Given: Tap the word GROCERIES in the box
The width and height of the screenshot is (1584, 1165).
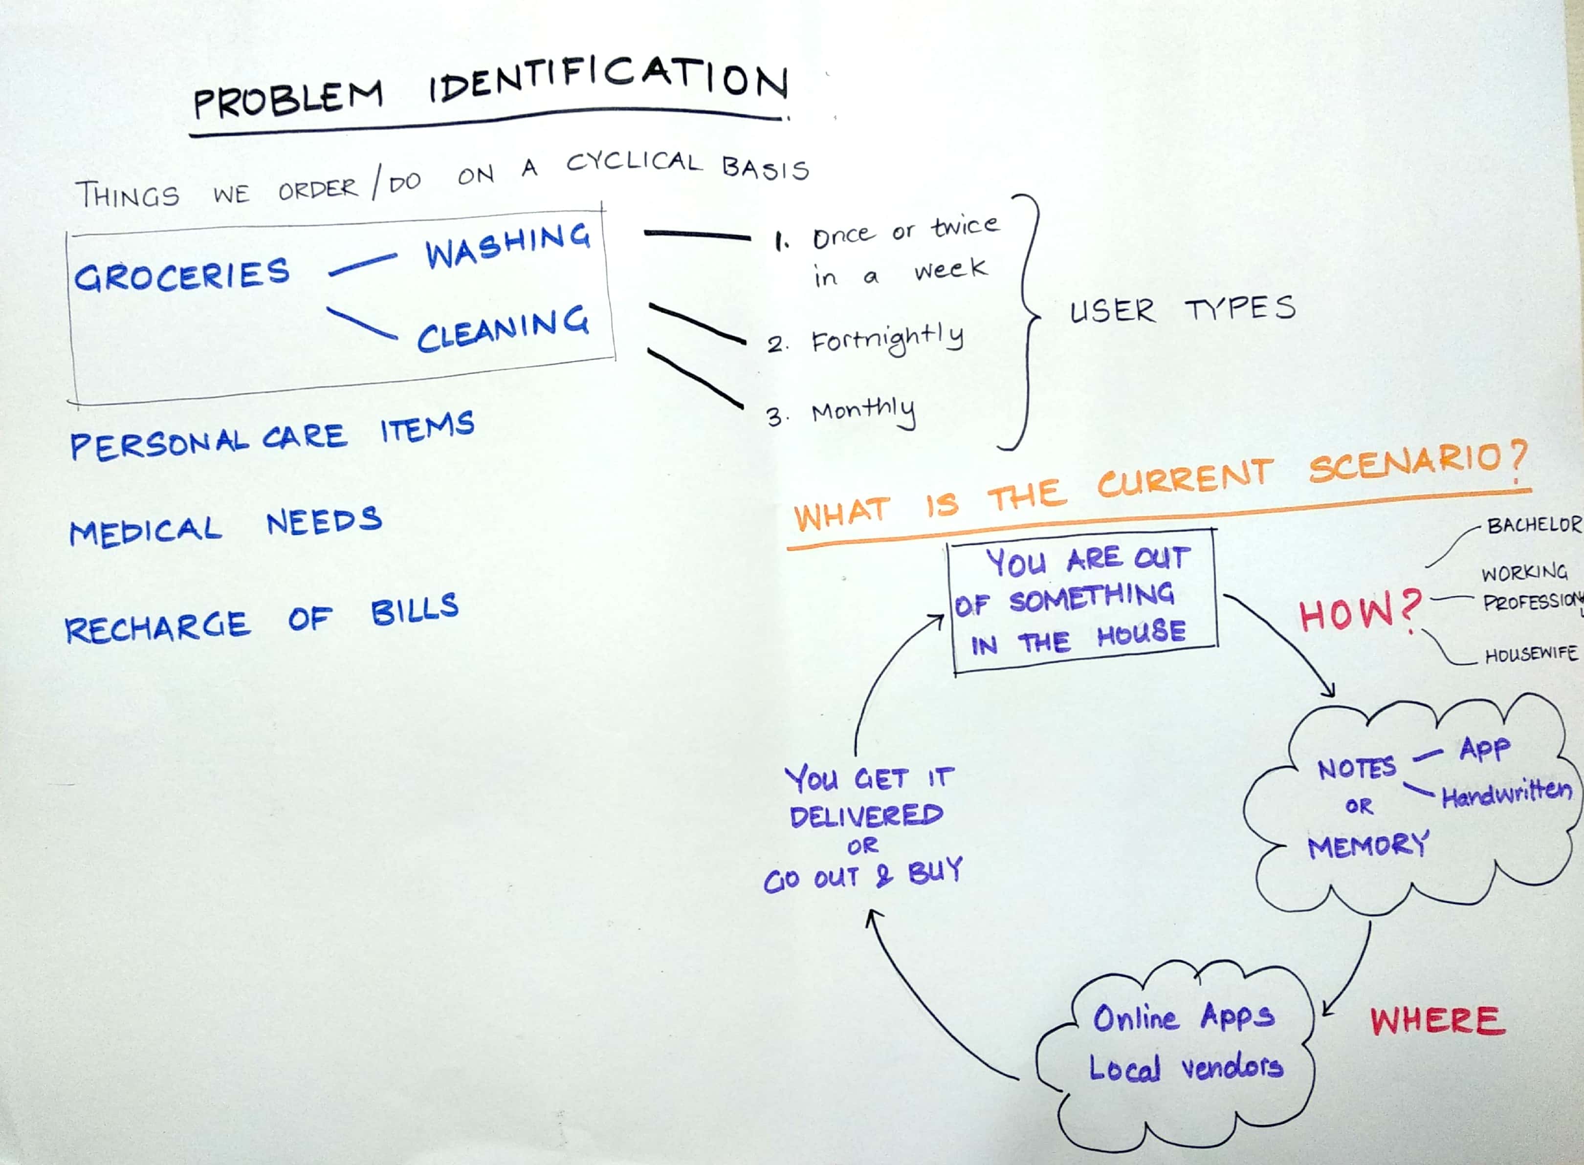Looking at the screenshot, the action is click(182, 275).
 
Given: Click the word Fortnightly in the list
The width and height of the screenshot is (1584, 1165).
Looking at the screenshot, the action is click(887, 340).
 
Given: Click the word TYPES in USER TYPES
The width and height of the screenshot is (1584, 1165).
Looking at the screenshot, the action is click(1240, 309).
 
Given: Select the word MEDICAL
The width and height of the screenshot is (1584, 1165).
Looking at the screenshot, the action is click(145, 530).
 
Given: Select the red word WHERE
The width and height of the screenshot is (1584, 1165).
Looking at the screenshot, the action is click(1437, 1020).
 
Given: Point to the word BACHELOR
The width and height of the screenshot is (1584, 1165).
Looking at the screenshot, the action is click(1533, 525).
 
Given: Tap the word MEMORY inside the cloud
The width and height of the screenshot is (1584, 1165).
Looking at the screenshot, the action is click(1367, 845).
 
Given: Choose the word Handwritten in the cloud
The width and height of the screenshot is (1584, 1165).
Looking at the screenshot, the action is click(1506, 795).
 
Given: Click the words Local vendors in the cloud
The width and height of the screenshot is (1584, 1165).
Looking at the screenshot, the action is click(1186, 1068).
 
